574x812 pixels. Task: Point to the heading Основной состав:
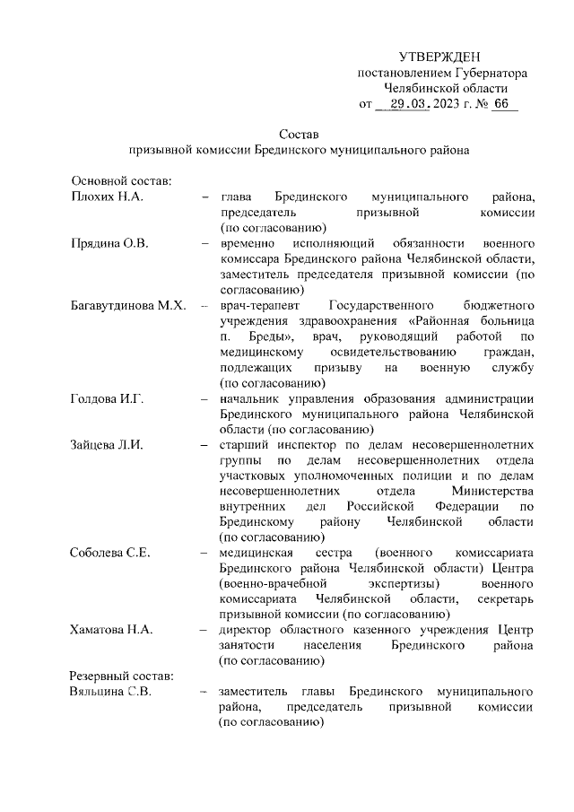pos(115,180)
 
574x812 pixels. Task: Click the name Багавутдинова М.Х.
pos(127,307)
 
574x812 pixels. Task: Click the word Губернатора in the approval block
pos(490,73)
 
